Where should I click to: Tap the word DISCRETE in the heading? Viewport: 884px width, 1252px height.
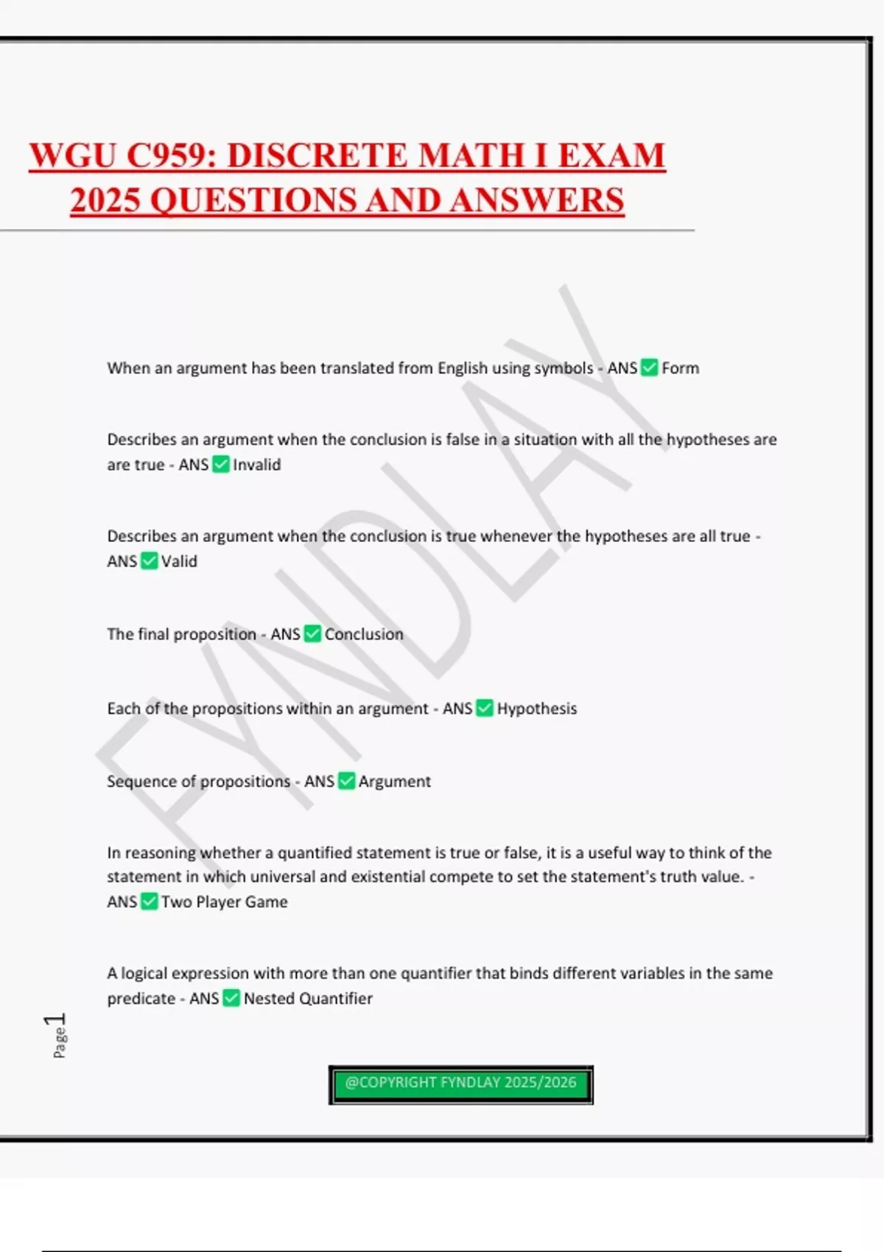point(316,156)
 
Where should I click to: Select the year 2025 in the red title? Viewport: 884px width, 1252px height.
point(105,200)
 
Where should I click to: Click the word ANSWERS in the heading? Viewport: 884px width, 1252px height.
point(537,200)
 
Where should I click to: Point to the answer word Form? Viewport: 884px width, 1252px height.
point(680,368)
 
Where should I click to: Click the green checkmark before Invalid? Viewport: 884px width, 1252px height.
point(221,464)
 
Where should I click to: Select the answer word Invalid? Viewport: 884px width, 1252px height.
point(257,465)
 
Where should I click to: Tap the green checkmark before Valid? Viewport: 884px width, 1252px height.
point(149,561)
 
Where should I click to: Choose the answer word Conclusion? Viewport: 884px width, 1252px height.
point(364,634)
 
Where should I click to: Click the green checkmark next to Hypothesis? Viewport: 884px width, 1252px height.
point(485,708)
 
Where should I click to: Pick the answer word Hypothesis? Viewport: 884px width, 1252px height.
point(537,708)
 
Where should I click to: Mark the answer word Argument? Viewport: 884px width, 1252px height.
point(395,781)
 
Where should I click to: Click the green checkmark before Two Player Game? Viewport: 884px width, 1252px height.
point(149,901)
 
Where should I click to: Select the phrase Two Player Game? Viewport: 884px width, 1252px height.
point(225,902)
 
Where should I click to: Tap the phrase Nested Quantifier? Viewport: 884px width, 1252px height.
point(308,999)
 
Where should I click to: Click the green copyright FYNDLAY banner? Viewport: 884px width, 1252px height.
point(460,1084)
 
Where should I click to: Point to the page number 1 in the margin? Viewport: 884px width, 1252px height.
point(56,1021)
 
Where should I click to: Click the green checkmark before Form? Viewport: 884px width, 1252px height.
point(649,367)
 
